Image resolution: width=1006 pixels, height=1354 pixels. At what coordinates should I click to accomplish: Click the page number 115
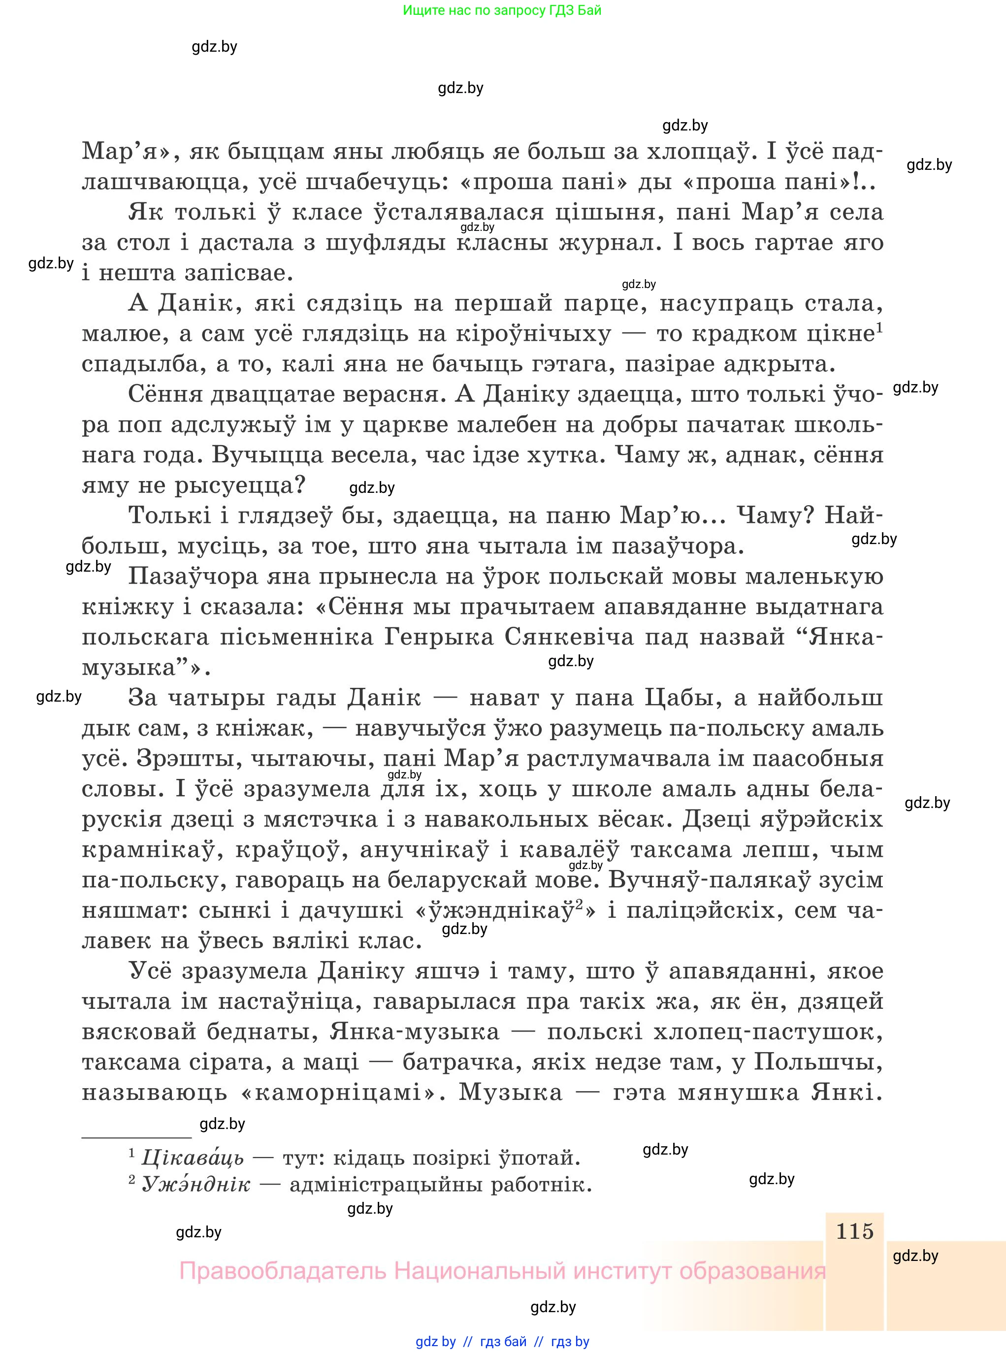(854, 1231)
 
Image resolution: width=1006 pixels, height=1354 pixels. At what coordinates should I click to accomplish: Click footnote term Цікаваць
(193, 1157)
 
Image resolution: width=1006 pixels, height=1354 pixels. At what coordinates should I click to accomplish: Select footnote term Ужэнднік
(195, 1184)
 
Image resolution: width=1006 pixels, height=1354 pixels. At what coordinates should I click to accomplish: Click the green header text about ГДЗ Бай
(502, 10)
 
